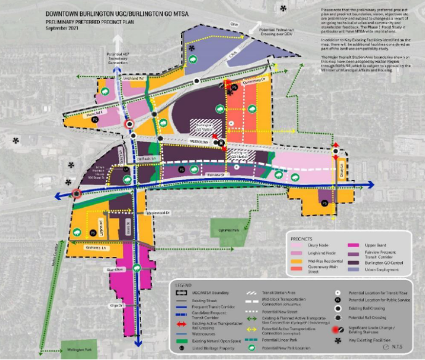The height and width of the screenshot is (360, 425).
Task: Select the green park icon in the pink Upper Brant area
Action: pyautogui.click(x=137, y=268)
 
